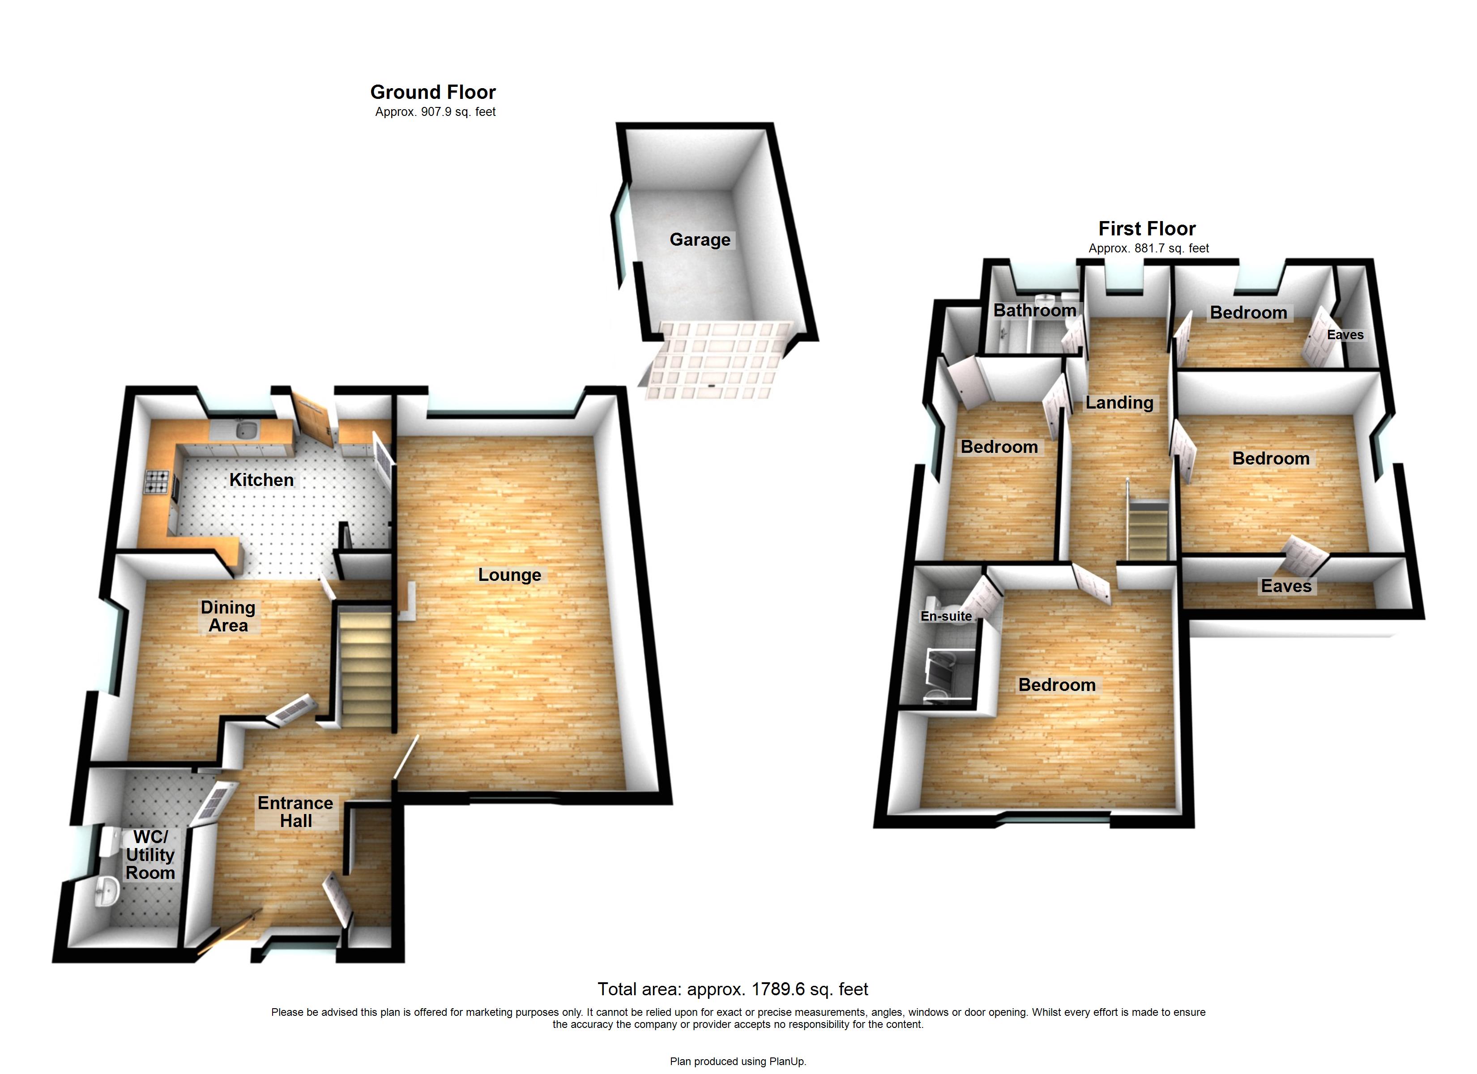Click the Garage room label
[700, 240]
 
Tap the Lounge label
[509, 575]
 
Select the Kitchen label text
[261, 480]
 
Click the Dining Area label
[228, 616]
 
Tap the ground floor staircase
[365, 665]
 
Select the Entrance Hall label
[296, 811]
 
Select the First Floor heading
[1147, 229]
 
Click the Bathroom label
[1034, 310]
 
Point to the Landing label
[1119, 402]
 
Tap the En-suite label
[946, 616]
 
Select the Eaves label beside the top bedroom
[1345, 335]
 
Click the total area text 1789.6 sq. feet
[733, 989]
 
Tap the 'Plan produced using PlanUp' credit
[738, 1061]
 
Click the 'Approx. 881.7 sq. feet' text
[1149, 248]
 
